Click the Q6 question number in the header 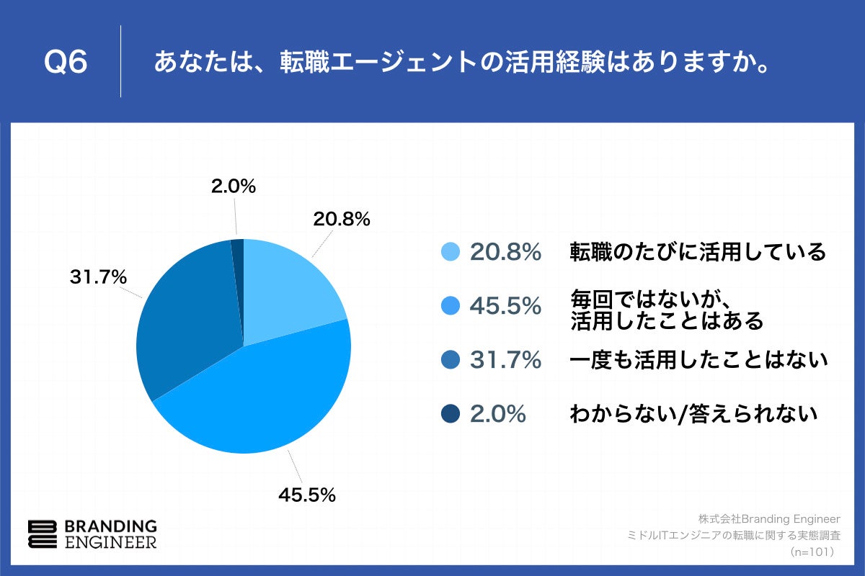66,63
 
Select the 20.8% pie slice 288,288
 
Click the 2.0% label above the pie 234,186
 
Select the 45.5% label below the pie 307,495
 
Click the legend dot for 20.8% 450,252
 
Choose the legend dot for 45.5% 450,306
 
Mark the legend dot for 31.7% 450,360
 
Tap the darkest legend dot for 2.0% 450,414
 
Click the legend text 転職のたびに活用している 697,252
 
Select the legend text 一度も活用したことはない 698,360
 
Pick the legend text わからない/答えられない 693,414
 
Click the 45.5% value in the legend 505,306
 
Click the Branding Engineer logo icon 42,534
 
